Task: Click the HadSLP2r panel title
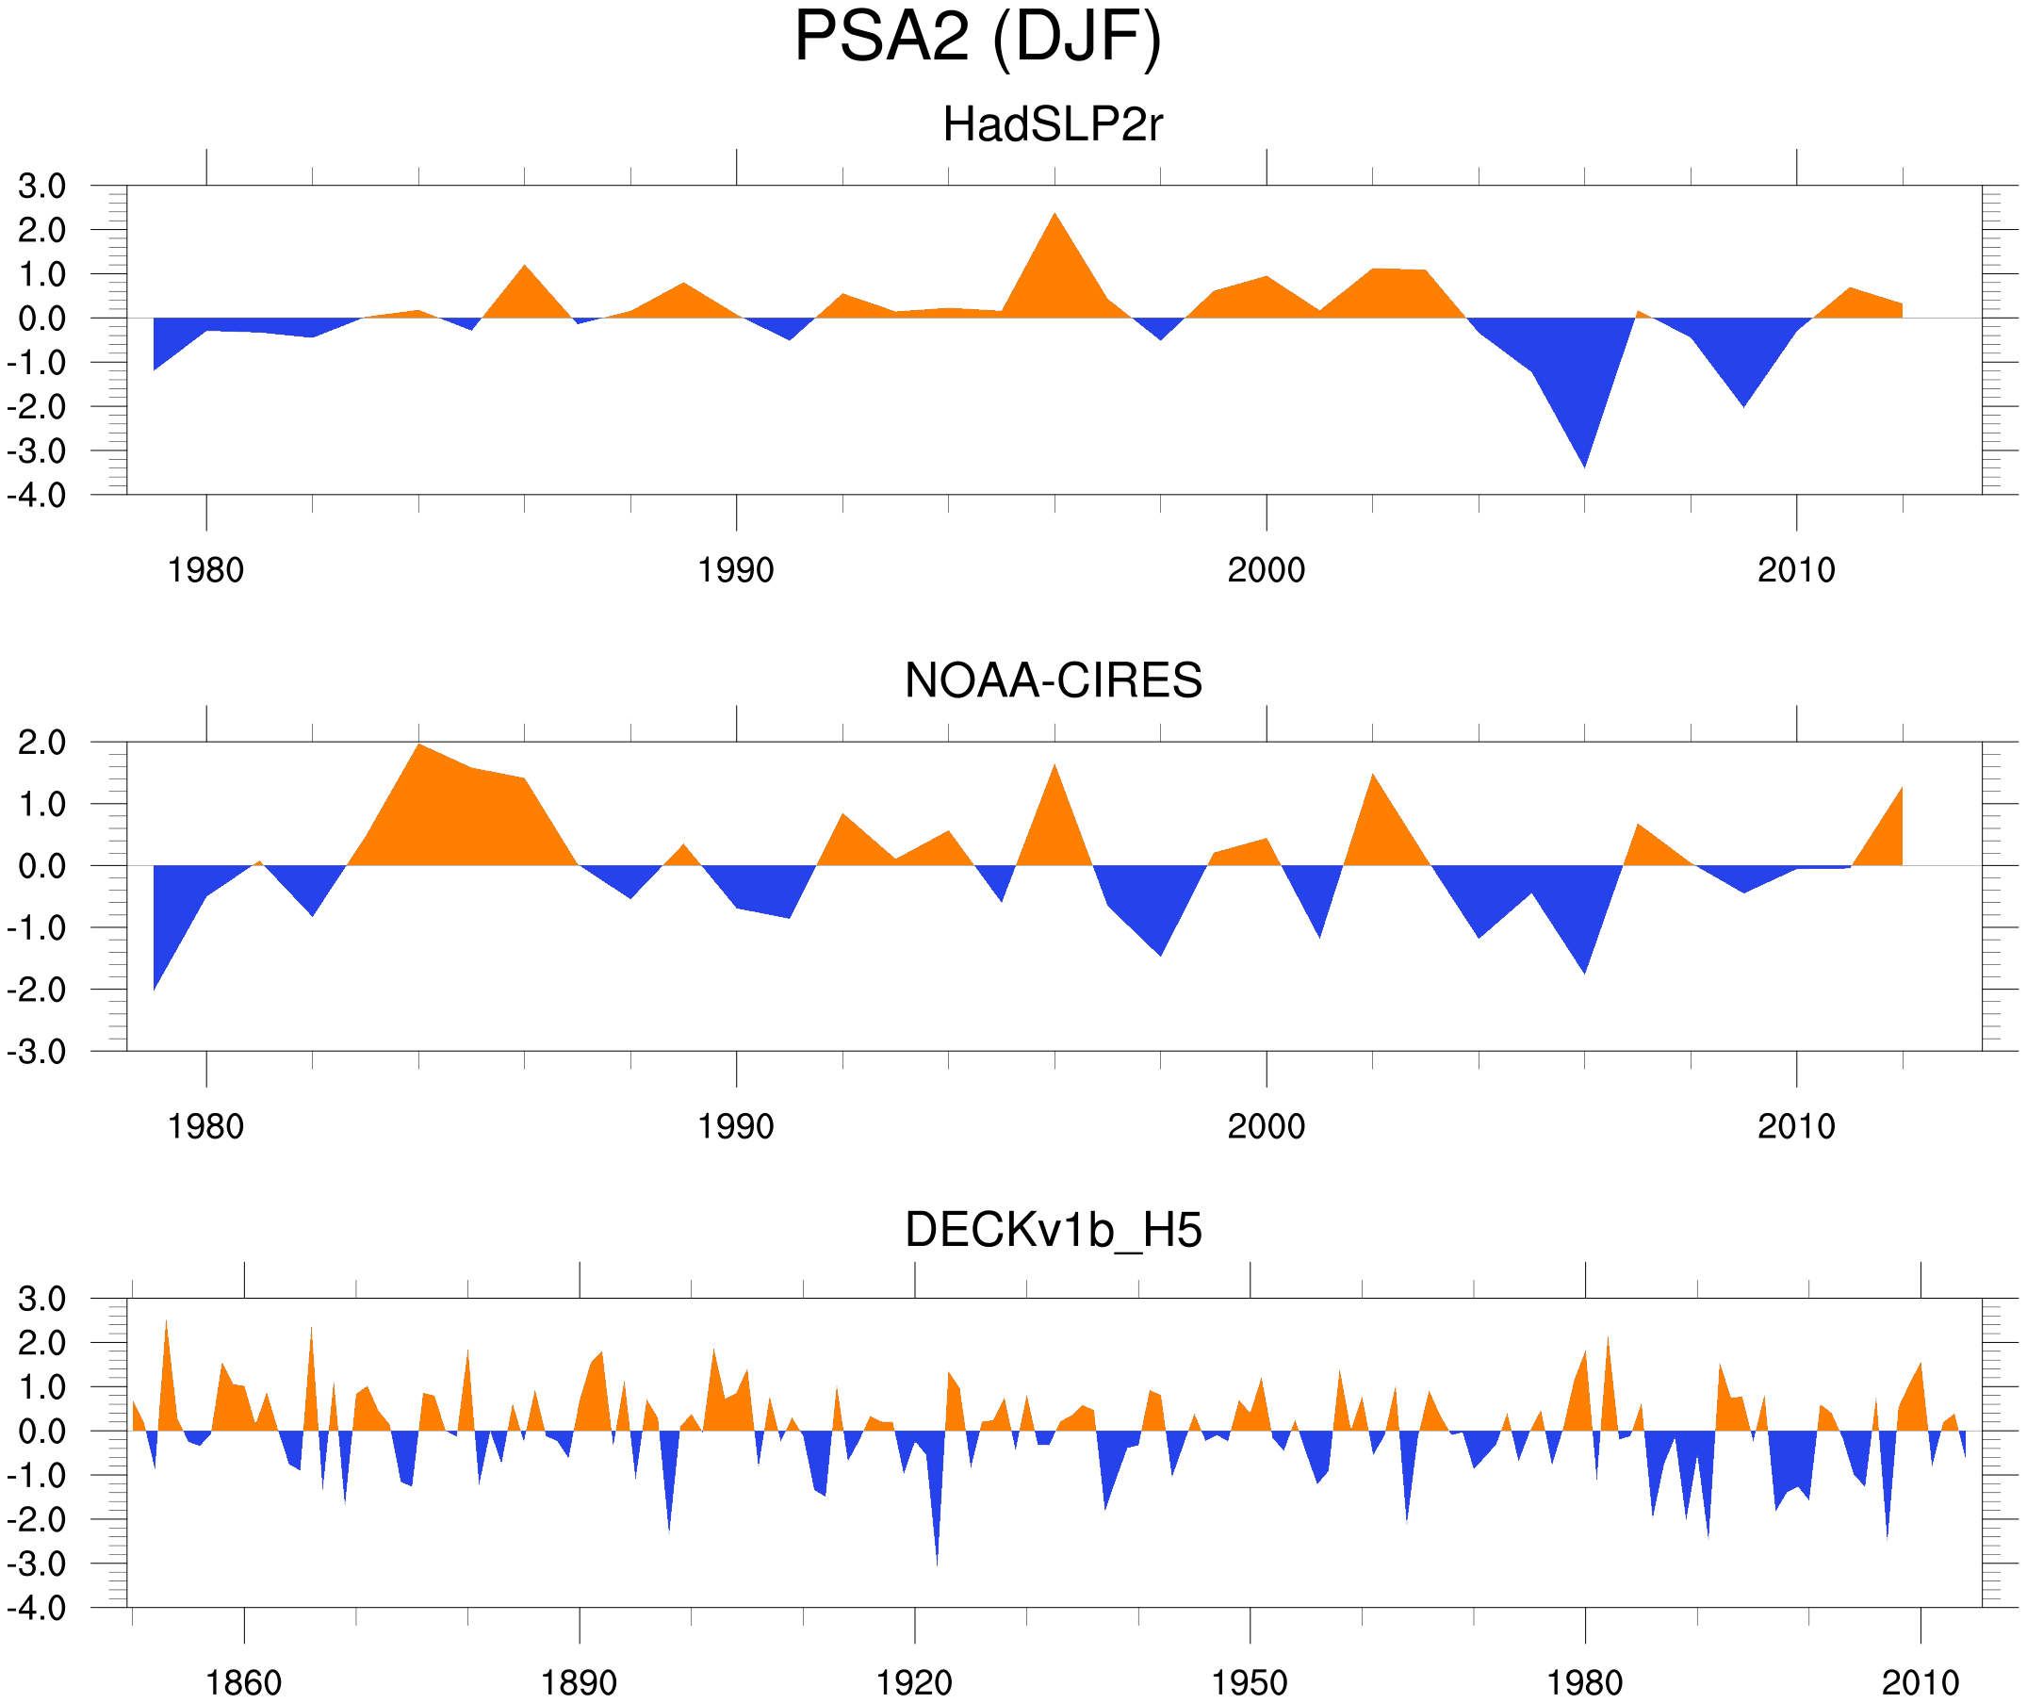tap(1053, 124)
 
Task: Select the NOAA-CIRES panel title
tap(1053, 680)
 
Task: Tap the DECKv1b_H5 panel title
tap(1053, 1231)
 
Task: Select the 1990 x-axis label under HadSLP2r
tap(736, 570)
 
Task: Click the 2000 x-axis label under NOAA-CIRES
tap(1266, 1126)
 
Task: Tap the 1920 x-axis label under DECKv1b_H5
tap(913, 1682)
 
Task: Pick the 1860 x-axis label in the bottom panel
tap(243, 1682)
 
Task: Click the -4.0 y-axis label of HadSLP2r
tap(37, 497)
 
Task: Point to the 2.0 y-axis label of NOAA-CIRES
tap(41, 743)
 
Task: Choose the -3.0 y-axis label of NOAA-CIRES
tap(37, 1052)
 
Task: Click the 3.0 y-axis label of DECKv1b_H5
tap(41, 1299)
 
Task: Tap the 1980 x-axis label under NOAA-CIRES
tap(205, 1126)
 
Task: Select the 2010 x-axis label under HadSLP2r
tap(1795, 570)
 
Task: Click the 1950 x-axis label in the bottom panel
tap(1249, 1682)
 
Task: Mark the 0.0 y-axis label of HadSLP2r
tap(41, 319)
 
